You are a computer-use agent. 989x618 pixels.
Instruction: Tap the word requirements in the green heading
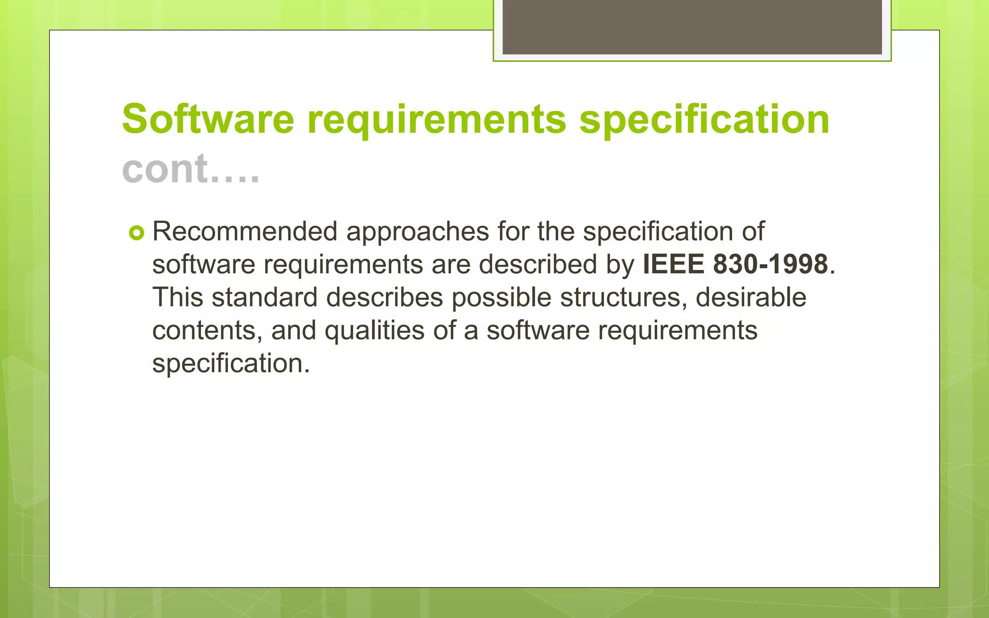[437, 120]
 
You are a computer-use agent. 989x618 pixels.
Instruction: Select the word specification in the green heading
[704, 120]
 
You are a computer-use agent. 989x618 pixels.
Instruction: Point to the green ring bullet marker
[137, 234]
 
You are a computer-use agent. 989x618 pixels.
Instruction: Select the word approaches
[418, 232]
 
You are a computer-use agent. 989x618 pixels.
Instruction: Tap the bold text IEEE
[673, 264]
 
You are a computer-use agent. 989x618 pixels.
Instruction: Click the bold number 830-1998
[770, 264]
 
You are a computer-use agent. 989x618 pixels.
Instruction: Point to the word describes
[384, 297]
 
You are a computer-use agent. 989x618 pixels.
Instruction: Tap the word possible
[501, 298]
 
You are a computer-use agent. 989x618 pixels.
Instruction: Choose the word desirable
[750, 297]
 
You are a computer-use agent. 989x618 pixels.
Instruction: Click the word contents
[207, 330]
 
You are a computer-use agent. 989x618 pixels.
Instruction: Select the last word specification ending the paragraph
[230, 364]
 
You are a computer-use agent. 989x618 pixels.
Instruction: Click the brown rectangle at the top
[692, 27]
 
